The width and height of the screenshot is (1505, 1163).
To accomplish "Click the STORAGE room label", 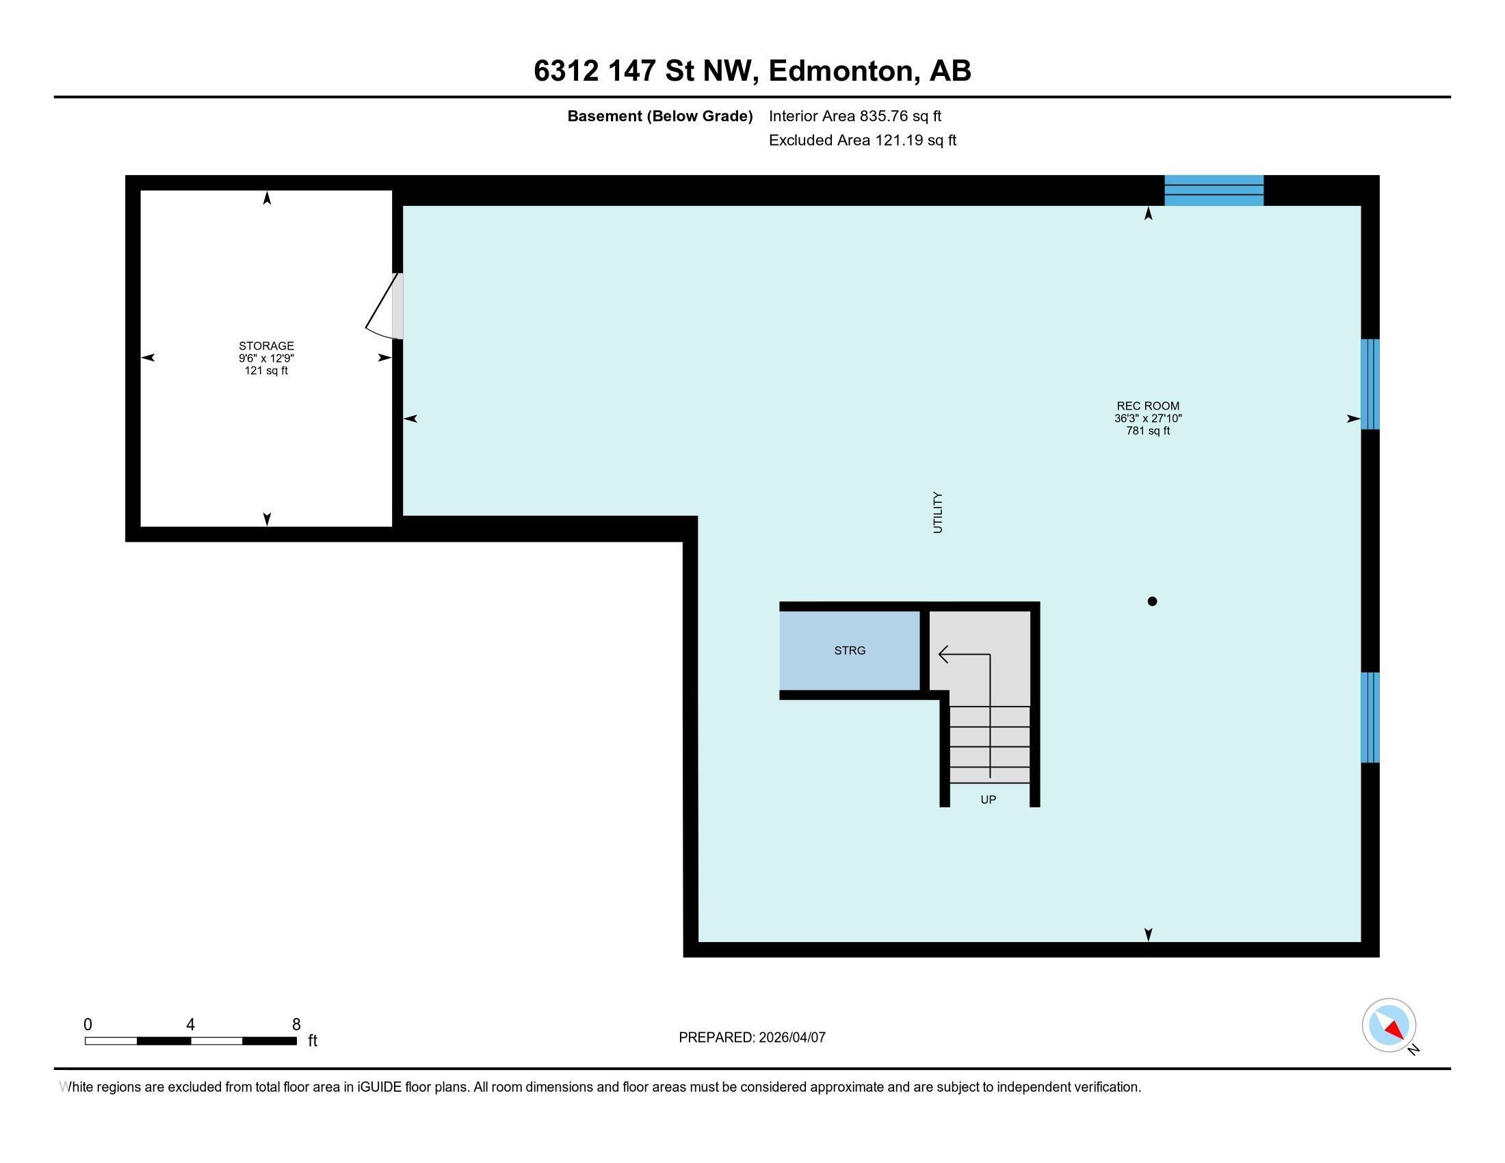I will point(266,346).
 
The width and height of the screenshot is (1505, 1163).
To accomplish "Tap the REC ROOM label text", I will point(1147,406).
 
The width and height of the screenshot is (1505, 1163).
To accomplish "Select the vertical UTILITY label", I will point(937,512).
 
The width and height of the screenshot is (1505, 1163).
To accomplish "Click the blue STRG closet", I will point(850,651).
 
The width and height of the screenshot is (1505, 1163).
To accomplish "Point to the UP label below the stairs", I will point(989,800).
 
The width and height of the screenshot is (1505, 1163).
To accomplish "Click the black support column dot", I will point(1151,601).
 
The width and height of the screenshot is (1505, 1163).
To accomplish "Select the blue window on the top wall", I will point(1214,191).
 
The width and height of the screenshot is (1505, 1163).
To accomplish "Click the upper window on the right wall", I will point(1370,384).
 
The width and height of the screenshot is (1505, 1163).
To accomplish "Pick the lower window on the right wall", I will point(1370,717).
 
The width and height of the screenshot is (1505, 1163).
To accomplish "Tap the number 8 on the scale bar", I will point(296,1025).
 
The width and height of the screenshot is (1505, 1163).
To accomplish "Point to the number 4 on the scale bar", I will point(190,1025).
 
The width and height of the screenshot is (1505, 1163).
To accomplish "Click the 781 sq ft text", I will point(1147,431).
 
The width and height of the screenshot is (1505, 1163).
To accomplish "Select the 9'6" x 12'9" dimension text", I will point(266,358).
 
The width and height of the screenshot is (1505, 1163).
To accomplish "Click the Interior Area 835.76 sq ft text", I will point(854,116).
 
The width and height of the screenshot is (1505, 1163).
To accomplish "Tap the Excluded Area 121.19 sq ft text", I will point(862,140).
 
